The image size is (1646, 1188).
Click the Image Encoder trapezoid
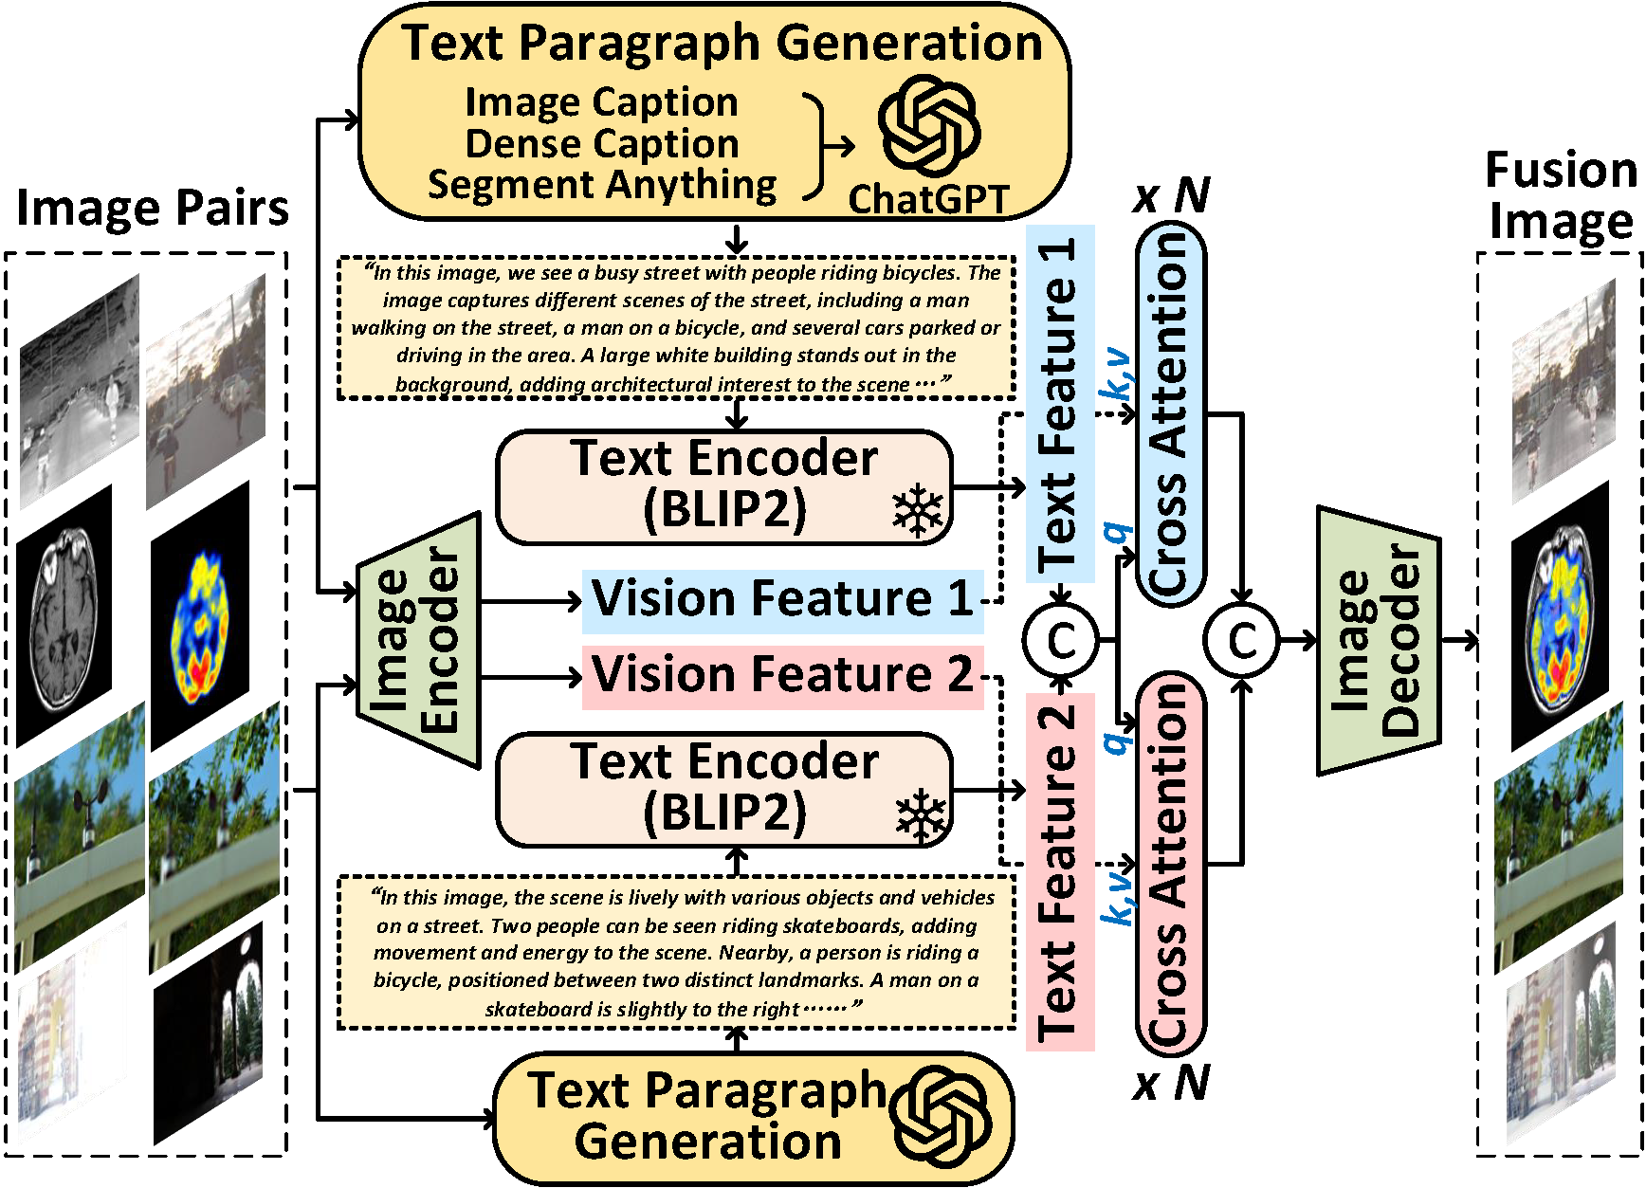pyautogui.click(x=418, y=640)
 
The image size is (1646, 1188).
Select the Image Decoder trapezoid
pyautogui.click(x=1379, y=641)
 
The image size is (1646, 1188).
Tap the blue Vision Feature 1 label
pyautogui.click(x=782, y=600)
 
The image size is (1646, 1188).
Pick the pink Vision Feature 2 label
pyautogui.click(x=782, y=677)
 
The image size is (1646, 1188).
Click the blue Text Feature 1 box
pyautogui.click(x=1060, y=403)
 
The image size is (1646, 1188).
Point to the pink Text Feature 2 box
pyautogui.click(x=1060, y=871)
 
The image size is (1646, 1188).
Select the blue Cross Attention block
pyautogui.click(x=1170, y=413)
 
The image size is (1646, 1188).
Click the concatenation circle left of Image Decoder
pyautogui.click(x=1241, y=641)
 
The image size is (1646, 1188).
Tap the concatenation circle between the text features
pyautogui.click(x=1060, y=641)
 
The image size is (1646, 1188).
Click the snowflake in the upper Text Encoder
pyautogui.click(x=918, y=512)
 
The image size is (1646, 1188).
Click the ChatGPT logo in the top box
pyautogui.click(x=928, y=128)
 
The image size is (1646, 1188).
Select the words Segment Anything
pyautogui.click(x=602, y=185)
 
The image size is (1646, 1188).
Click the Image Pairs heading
pyautogui.click(x=152, y=208)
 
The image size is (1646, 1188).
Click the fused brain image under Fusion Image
pyautogui.click(x=1560, y=616)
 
